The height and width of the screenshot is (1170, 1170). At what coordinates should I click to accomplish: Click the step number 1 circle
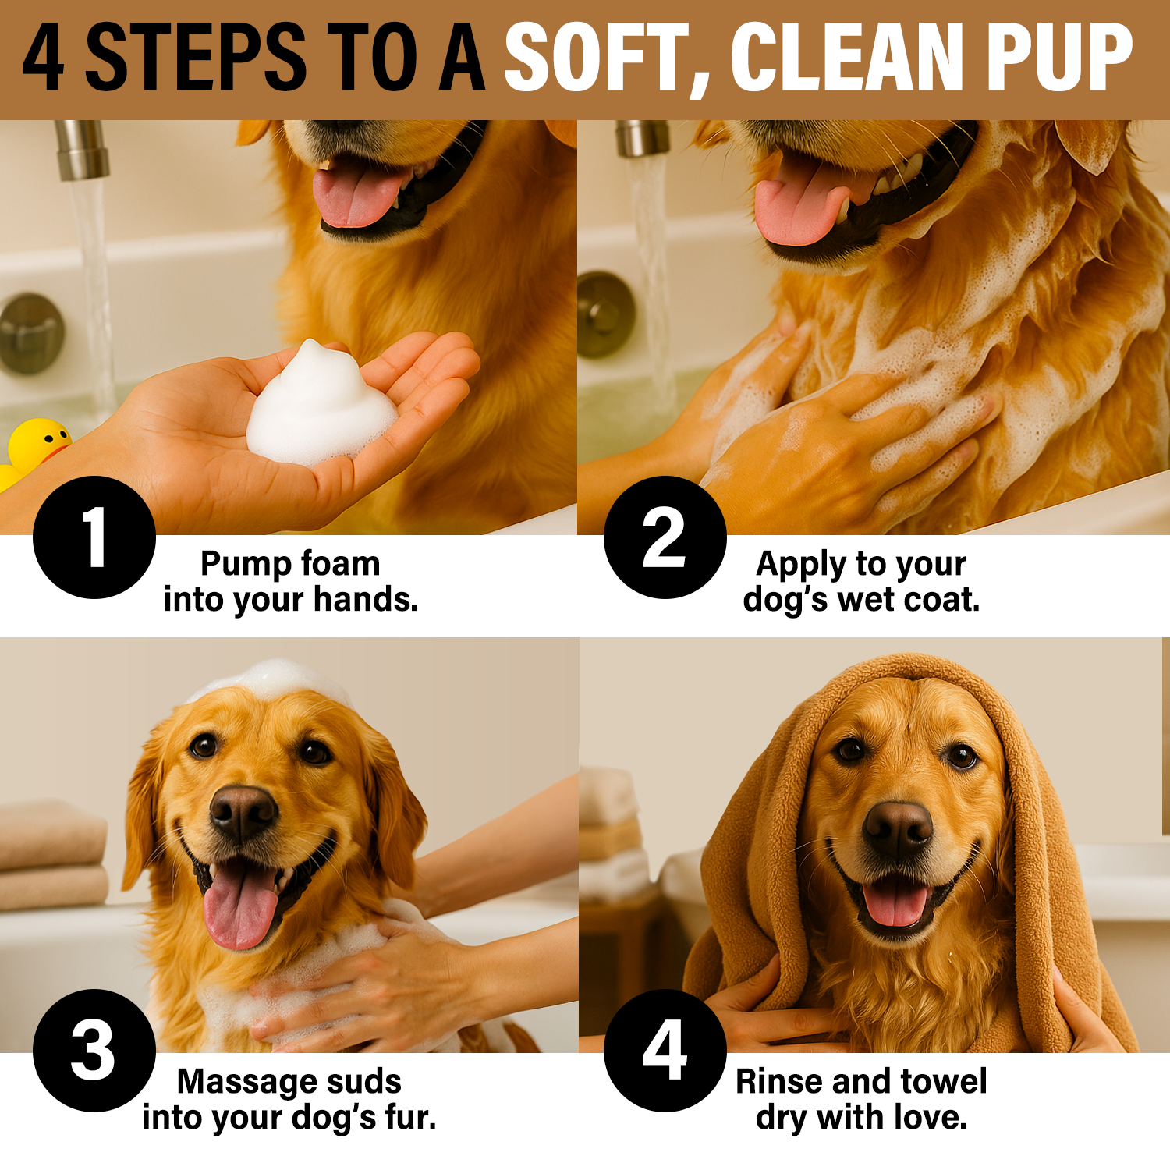94,537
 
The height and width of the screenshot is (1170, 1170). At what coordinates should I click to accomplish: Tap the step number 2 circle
665,537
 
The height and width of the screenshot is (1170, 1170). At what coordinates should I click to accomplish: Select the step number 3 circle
94,1051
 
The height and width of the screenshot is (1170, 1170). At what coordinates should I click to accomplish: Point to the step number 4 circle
665,1051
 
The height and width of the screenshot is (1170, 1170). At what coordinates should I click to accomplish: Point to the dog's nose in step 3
243,812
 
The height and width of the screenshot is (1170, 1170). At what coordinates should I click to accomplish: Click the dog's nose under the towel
898,829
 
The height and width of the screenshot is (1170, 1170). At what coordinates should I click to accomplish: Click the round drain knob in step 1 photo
31,333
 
